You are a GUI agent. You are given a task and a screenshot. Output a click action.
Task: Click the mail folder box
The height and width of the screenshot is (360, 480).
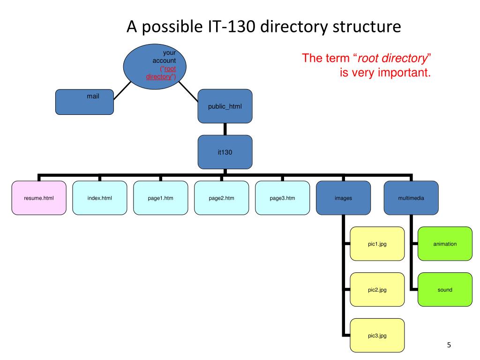pyautogui.click(x=84, y=102)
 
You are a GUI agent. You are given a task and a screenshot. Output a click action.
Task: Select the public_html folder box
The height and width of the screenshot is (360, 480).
pyautogui.click(x=225, y=105)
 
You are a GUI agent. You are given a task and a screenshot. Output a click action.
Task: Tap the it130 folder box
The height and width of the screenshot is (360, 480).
pyautogui.click(x=225, y=152)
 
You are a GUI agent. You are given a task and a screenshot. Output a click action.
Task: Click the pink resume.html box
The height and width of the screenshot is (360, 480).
pyautogui.click(x=39, y=198)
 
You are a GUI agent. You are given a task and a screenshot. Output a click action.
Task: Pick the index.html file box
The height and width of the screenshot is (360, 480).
pyautogui.click(x=99, y=198)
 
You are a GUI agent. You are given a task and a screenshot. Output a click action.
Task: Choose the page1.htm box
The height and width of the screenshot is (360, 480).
pyautogui.click(x=160, y=198)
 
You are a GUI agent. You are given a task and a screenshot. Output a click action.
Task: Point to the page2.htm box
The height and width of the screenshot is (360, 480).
pyautogui.click(x=221, y=198)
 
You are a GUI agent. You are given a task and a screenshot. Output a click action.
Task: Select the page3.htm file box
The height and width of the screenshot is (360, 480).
pyautogui.click(x=282, y=198)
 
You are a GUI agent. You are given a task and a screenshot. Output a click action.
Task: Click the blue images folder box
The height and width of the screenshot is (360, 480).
pyautogui.click(x=343, y=198)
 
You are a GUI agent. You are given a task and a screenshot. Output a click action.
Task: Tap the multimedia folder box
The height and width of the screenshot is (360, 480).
pyautogui.click(x=411, y=198)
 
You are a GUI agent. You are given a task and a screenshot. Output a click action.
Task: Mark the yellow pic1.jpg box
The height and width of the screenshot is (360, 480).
pyautogui.click(x=377, y=244)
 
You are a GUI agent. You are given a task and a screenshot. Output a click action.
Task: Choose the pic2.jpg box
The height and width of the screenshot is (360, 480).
pyautogui.click(x=377, y=290)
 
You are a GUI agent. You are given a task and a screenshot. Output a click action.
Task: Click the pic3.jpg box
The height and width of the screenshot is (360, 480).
pyautogui.click(x=377, y=335)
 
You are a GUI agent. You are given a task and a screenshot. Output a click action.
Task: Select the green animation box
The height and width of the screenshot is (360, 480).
pyautogui.click(x=445, y=244)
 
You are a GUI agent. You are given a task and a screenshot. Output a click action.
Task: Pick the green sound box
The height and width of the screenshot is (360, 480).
pyautogui.click(x=445, y=290)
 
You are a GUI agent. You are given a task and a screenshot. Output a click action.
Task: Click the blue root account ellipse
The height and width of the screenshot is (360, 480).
pyautogui.click(x=155, y=66)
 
